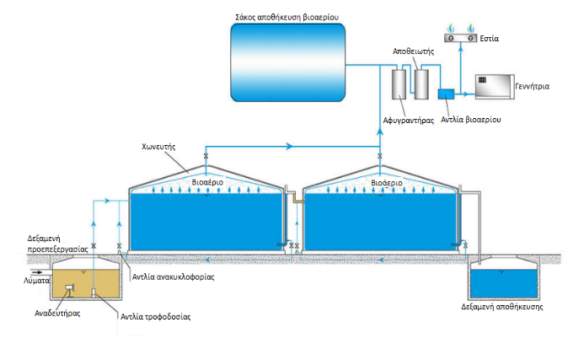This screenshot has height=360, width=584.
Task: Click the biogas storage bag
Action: click(287, 62)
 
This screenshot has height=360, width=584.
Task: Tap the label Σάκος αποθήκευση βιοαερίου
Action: click(287, 17)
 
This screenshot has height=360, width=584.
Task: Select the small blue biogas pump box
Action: click(446, 94)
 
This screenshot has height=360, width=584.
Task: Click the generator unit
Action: click(495, 87)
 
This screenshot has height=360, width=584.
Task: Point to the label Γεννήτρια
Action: click(532, 87)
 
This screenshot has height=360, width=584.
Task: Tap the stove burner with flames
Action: click(461, 34)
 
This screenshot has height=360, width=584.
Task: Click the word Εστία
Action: click(489, 39)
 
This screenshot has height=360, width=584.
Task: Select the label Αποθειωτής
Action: click(414, 51)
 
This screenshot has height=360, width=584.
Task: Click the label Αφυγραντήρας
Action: click(409, 121)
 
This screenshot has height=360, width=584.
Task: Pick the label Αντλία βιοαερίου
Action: click(471, 120)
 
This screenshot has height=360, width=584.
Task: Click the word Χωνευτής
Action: click(158, 147)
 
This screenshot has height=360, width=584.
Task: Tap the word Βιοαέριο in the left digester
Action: click(207, 182)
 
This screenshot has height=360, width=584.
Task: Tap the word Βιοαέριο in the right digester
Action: click(387, 183)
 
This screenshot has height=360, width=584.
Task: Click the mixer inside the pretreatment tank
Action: click(70, 287)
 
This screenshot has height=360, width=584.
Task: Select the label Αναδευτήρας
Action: click(57, 313)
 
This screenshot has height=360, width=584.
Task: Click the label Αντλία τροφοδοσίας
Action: click(155, 317)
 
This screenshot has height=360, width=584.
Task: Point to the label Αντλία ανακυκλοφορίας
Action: click(174, 277)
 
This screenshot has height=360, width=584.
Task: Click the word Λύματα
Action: click(36, 281)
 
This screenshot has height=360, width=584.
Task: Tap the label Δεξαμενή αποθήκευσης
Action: click(501, 307)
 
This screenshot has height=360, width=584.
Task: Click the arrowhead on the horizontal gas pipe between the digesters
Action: click(289, 146)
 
